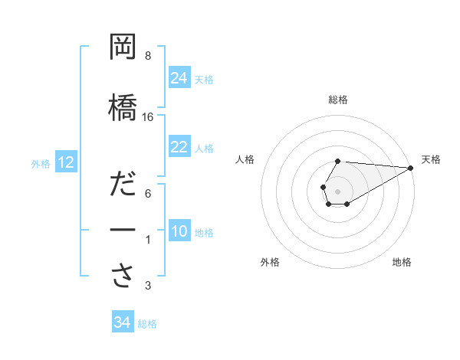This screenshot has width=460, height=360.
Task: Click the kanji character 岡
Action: [x=123, y=47]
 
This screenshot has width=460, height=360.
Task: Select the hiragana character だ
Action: [x=123, y=186]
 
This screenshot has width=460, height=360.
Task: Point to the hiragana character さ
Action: [x=123, y=277]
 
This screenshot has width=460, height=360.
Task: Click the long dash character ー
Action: [x=123, y=231]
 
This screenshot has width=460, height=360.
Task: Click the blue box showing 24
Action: [x=179, y=78]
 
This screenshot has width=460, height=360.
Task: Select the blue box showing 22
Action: [x=179, y=147]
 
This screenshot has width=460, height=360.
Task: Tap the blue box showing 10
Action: [x=179, y=231]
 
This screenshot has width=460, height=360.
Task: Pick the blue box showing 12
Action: [x=65, y=162]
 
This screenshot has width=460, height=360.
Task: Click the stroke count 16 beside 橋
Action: [x=148, y=117]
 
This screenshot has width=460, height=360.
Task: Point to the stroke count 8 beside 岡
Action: [x=148, y=56]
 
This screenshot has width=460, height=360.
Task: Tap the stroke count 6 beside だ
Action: [x=148, y=195]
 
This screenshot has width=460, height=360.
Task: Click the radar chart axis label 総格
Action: [x=337, y=100]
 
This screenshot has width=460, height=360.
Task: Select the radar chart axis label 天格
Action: [x=432, y=159]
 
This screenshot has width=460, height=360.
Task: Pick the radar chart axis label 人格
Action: [x=245, y=159]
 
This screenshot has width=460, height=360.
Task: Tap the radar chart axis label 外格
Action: [x=269, y=262]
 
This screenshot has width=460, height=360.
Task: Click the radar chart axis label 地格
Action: [x=402, y=262]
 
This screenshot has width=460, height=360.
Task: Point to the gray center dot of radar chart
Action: [x=337, y=190]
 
